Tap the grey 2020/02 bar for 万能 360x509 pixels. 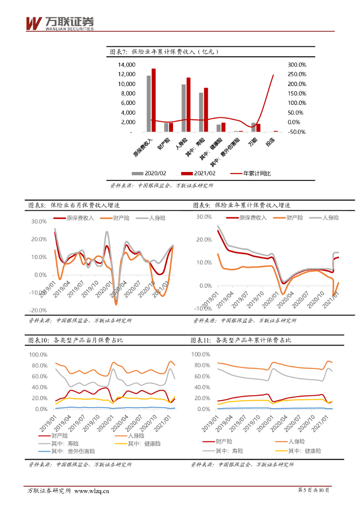click(x=253, y=127)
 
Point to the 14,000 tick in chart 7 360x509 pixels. click(x=126, y=65)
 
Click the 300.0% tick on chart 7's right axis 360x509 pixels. click(x=297, y=65)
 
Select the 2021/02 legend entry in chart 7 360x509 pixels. click(x=199, y=173)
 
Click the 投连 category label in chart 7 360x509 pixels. click(x=270, y=142)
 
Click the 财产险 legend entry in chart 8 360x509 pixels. click(x=116, y=218)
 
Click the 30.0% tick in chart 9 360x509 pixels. click(x=204, y=217)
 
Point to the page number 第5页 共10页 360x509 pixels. click(x=313, y=491)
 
